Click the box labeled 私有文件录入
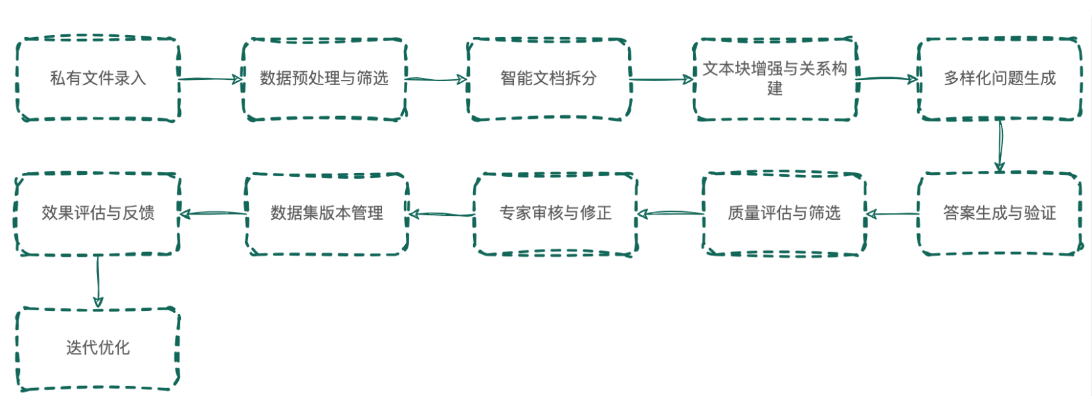click(98, 79)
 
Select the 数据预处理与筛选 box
click(323, 79)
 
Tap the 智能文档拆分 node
click(548, 79)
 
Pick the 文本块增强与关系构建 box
click(775, 79)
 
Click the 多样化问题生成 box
click(1000, 79)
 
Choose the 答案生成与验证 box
click(1000, 213)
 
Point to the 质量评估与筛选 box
click(784, 213)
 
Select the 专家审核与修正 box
click(555, 213)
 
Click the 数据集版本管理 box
click(327, 213)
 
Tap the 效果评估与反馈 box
click(98, 213)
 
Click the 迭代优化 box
click(98, 348)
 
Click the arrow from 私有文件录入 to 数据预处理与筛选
click(211, 79)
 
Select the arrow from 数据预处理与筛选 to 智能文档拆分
click(436, 80)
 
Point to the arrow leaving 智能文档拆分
click(662, 80)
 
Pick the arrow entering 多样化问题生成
click(887, 79)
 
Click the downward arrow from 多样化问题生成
click(1000, 146)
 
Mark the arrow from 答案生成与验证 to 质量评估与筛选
click(891, 214)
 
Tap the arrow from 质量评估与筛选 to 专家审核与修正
click(670, 213)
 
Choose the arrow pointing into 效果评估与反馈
click(212, 213)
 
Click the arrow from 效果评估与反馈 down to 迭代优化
click(98, 281)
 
